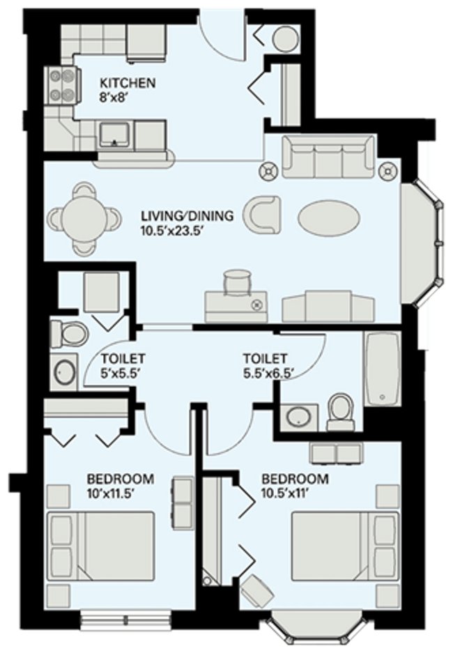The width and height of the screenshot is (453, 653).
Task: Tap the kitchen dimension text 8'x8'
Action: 109,97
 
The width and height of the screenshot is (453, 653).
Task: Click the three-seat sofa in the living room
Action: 328,156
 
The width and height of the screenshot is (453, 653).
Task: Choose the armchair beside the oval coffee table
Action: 262,215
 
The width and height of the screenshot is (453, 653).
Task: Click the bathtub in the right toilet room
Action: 382,368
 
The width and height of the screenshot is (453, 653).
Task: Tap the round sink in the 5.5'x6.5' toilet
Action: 298,417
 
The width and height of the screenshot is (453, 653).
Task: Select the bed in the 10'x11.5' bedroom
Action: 101,546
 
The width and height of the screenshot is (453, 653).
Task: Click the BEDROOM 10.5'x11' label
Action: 295,486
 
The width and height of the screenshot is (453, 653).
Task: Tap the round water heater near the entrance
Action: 286,38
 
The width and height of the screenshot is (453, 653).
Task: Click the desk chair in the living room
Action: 238,282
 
